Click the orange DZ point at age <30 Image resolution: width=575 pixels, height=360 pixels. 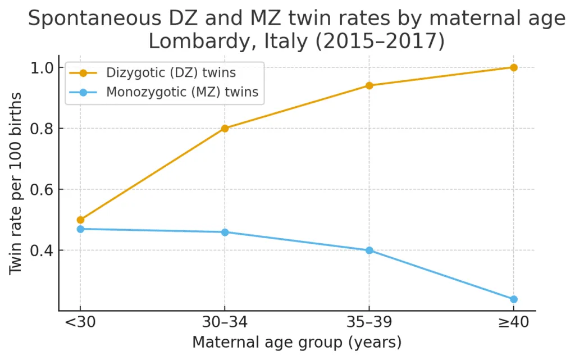tap(80, 220)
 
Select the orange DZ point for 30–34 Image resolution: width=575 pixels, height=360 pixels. tap(225, 128)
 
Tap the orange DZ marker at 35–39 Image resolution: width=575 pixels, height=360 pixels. tap(369, 85)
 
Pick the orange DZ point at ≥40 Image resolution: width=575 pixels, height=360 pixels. tap(513, 67)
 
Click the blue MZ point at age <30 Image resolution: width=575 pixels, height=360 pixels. tap(80, 229)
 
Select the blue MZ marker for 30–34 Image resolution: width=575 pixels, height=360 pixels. tap(225, 232)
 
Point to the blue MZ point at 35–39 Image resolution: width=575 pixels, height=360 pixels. tap(369, 250)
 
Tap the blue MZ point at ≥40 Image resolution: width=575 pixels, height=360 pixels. tap(513, 299)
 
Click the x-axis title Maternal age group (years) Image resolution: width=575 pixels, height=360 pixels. tap(296, 343)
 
